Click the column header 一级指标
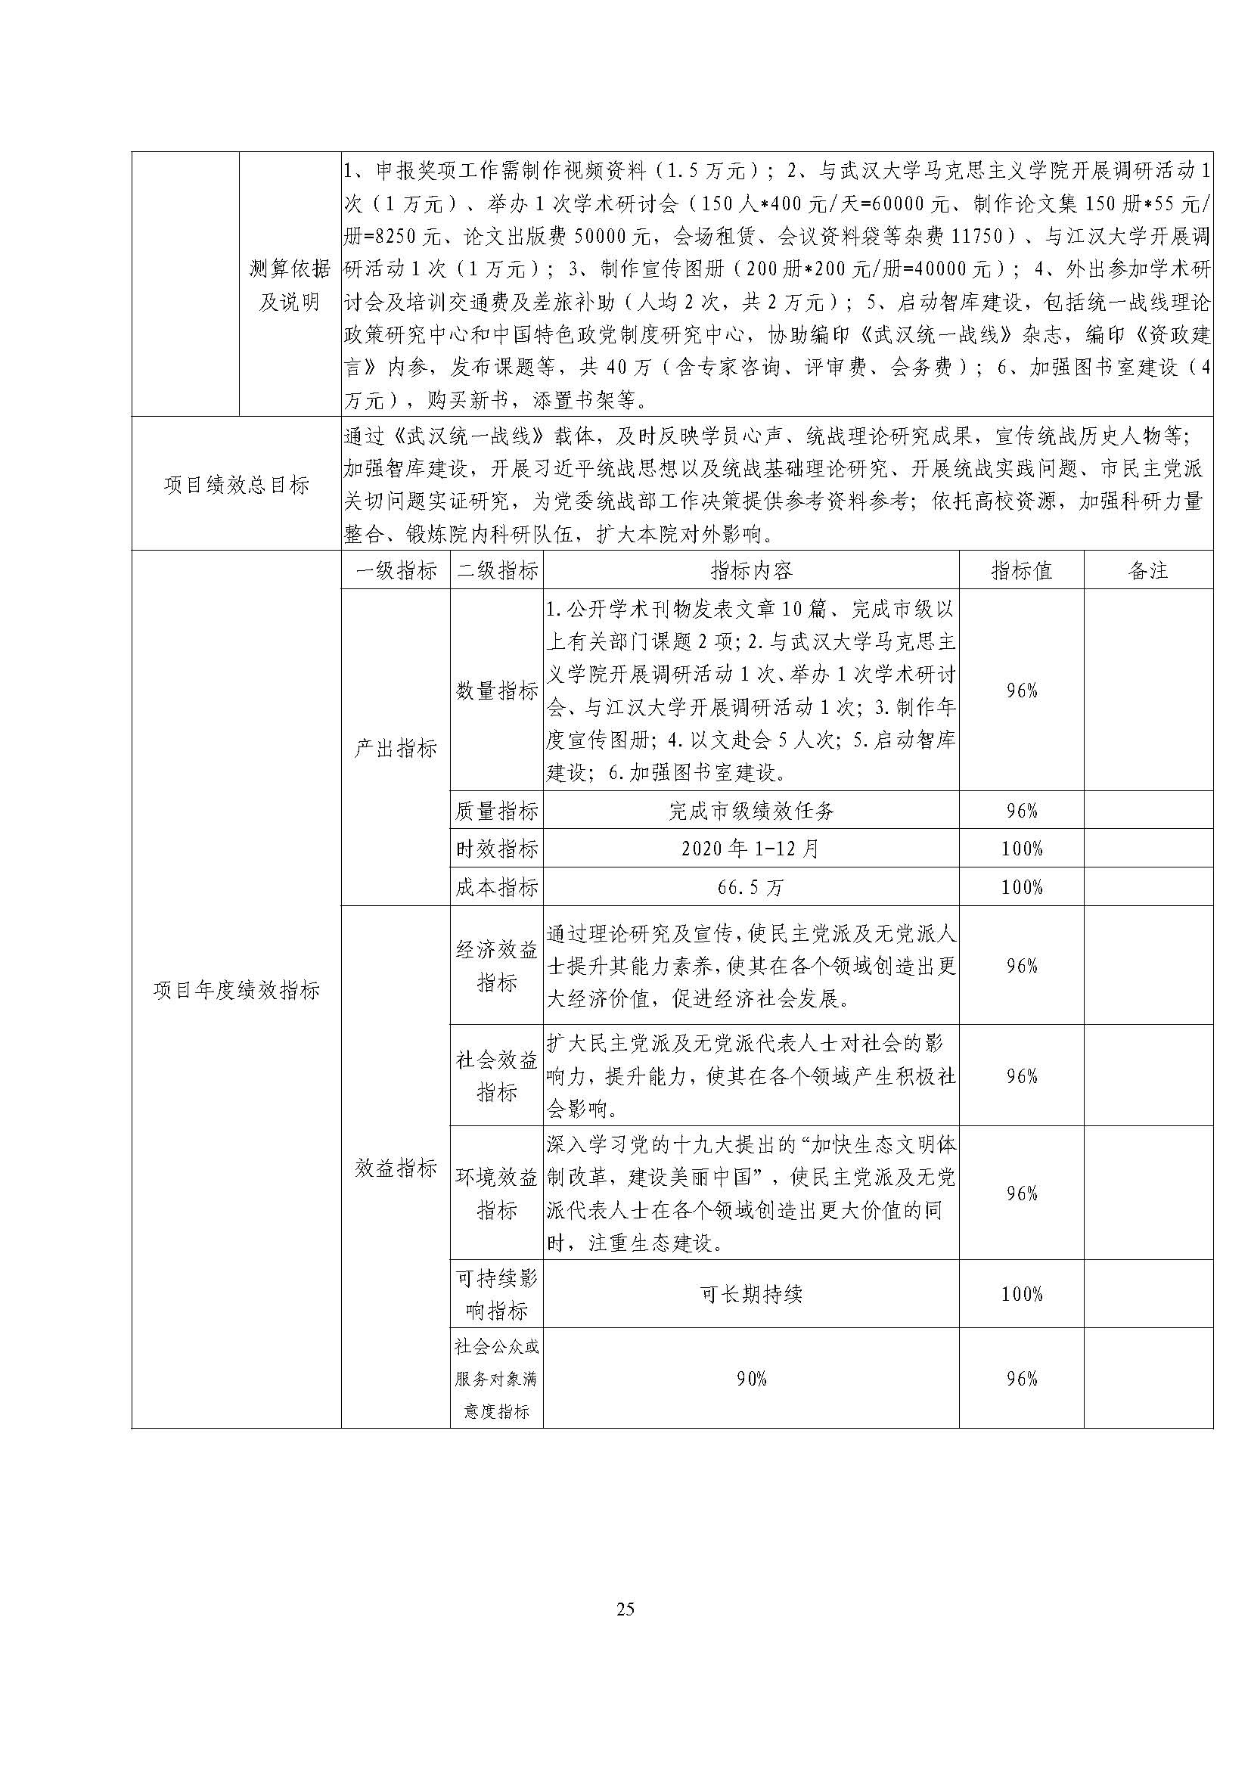(x=396, y=570)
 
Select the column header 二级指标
(x=497, y=570)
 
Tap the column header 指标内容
(x=751, y=570)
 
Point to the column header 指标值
(x=1021, y=570)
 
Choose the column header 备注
(x=1148, y=570)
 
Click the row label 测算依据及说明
(x=290, y=284)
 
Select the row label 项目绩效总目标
(x=237, y=485)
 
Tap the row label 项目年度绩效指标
(x=237, y=990)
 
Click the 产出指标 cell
(x=396, y=747)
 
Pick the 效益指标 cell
(x=396, y=1168)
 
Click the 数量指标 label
(x=497, y=691)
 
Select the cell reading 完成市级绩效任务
(x=751, y=810)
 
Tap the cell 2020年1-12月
(x=751, y=849)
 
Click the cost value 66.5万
(x=751, y=887)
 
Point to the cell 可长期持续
(x=751, y=1293)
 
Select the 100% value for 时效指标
(x=1021, y=849)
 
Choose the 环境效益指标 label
(x=497, y=1193)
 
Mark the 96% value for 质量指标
(x=1021, y=810)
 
